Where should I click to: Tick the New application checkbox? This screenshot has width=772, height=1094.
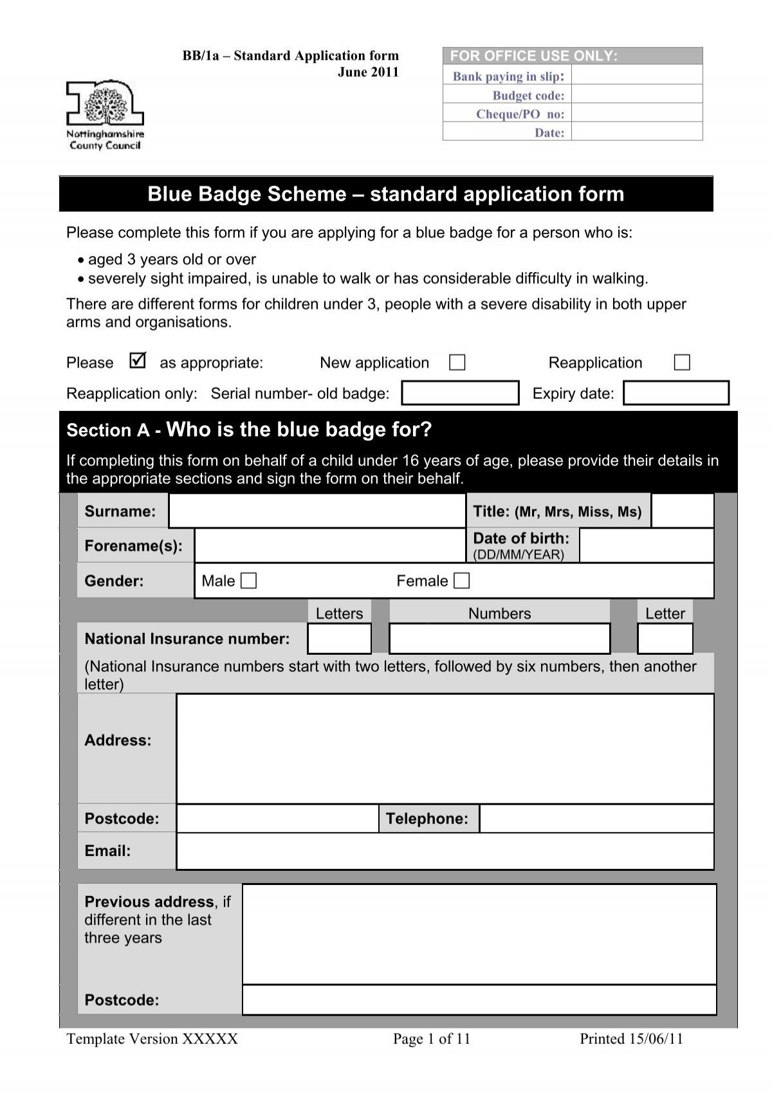457,363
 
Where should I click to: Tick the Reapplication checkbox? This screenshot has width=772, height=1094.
682,363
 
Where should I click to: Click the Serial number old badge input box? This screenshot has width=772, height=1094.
460,393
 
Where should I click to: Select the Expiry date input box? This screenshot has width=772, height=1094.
676,393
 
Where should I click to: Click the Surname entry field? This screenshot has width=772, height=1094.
317,511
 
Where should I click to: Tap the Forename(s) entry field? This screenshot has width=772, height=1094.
329,546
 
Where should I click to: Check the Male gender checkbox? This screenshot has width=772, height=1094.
248,581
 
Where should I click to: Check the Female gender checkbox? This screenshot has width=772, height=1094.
461,581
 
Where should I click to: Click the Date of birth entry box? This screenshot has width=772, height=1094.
646,545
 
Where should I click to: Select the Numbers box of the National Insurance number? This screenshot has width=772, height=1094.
499,639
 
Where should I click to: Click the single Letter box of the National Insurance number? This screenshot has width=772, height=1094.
665,639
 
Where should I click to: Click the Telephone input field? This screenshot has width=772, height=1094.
596,819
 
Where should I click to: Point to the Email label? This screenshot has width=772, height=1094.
107,851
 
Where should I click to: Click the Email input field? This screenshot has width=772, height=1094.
445,851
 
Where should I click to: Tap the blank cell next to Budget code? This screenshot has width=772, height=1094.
636,95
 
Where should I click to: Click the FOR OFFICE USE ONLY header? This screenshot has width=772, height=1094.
533,56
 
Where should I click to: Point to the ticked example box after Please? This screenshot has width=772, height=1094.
137,361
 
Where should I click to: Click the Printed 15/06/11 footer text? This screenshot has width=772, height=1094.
630,1039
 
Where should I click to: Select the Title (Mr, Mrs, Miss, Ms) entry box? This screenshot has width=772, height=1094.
682,511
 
